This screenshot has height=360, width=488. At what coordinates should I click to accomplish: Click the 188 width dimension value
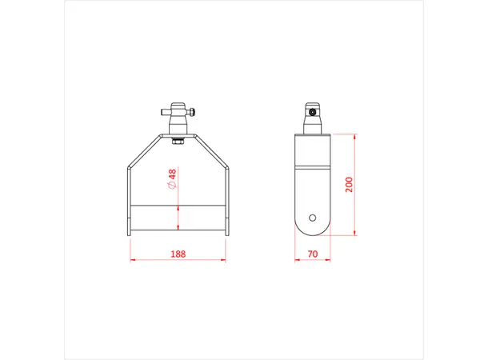[178, 254]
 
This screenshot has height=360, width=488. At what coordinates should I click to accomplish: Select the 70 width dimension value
[312, 254]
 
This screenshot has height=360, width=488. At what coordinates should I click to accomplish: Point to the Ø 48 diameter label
[172, 179]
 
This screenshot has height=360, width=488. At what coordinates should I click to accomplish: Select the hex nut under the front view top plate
[178, 142]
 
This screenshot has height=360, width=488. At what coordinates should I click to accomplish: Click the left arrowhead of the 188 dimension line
[131, 260]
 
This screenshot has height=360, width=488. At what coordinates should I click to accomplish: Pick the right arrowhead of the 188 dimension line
[226, 260]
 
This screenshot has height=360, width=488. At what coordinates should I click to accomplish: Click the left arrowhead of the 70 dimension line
[297, 260]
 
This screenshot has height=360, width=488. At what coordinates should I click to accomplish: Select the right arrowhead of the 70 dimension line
[329, 260]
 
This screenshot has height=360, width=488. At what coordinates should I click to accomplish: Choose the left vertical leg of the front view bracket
[129, 200]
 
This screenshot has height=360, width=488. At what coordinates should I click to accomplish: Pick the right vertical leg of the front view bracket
[228, 200]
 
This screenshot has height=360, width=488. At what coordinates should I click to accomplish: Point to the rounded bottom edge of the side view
[312, 235]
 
